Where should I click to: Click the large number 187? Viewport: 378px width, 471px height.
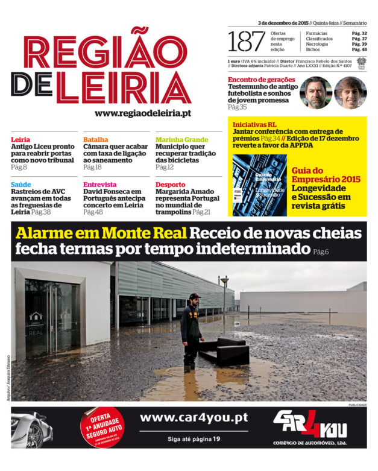coord(247,41)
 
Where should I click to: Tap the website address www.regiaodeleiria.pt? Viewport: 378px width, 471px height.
coord(143,113)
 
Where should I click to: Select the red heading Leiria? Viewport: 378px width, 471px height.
coord(20,139)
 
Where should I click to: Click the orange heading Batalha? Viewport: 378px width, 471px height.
coord(96,139)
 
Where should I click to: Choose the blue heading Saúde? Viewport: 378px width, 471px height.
coord(21,185)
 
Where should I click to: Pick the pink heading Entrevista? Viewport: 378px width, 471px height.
coord(100,185)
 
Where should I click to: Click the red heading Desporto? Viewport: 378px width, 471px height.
coord(171,185)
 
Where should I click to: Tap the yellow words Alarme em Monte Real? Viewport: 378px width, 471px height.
coord(101,233)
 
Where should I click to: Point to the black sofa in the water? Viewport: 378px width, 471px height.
coord(224,350)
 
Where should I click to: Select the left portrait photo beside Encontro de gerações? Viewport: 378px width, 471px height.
coord(315,92)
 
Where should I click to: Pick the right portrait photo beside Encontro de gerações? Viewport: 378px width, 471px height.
coord(350,92)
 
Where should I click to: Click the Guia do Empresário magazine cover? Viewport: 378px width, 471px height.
coord(260,185)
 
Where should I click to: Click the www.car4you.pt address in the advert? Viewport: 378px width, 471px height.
coord(194,417)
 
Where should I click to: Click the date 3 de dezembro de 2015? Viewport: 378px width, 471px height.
coord(283,22)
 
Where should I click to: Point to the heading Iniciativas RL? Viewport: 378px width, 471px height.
coord(254,124)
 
